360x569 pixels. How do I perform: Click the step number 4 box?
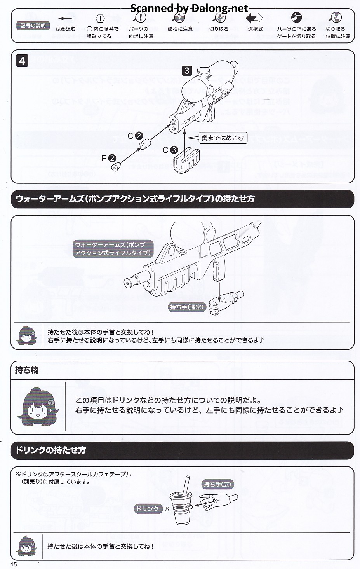coord(22,61)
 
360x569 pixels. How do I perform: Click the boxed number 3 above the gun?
coord(187,71)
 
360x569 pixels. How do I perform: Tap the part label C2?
coord(135,136)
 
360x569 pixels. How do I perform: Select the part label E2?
coord(108,158)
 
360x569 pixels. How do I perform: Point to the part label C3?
coord(170,150)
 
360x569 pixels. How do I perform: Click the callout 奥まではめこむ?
coord(223,138)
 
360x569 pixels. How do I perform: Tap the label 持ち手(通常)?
coord(186,307)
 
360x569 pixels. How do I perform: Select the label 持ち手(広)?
coord(217,484)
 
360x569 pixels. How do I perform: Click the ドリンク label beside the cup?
coord(148,508)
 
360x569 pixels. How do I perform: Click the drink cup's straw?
coord(186,485)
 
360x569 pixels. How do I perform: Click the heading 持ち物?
coord(27,370)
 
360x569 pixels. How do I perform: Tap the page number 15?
coord(14,564)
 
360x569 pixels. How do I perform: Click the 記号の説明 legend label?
coord(33,26)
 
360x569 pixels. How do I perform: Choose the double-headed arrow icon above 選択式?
coord(255,18)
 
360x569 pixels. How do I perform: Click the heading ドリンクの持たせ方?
coord(50,450)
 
